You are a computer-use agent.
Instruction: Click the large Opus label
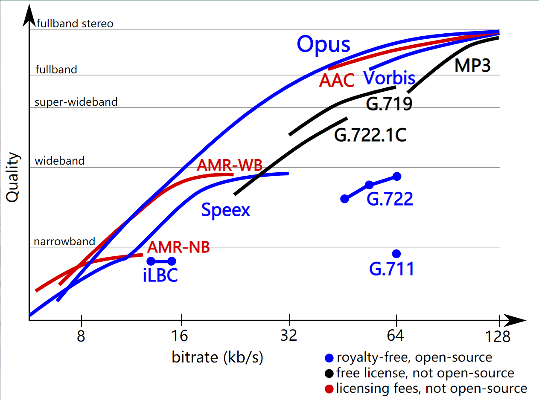point(323,44)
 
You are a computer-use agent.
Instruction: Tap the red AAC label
point(337,80)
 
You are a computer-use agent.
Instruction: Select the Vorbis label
point(389,78)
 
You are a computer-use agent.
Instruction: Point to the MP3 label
point(472,65)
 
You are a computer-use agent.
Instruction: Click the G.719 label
point(389,104)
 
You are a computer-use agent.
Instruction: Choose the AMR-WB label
point(230,165)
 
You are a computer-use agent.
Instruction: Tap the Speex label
point(225,210)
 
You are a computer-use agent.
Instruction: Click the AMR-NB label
point(178,247)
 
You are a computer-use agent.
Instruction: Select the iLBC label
point(160,275)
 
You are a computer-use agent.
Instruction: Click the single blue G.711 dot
point(396,254)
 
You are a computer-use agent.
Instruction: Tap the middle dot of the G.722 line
point(370,185)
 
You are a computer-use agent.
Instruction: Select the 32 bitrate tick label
point(289,336)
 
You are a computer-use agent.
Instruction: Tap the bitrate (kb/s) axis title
point(218,357)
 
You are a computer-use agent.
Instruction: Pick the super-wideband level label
point(76,102)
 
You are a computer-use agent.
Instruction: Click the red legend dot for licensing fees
point(329,389)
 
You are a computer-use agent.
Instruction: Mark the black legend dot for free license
point(329,373)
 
